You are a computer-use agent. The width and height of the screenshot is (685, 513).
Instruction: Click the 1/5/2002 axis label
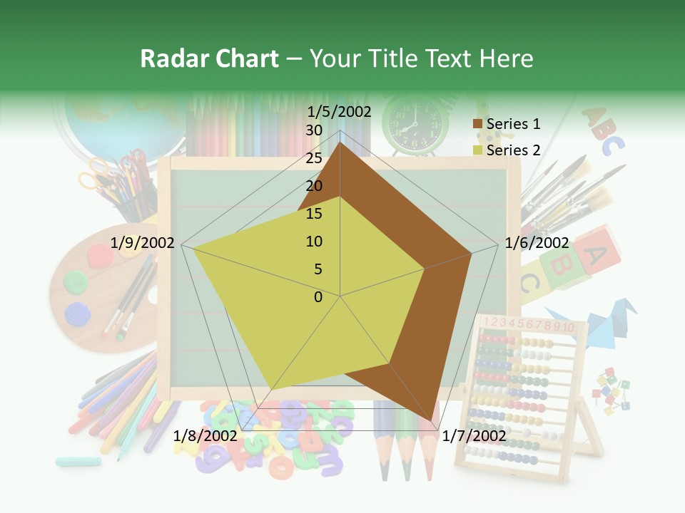[340, 112]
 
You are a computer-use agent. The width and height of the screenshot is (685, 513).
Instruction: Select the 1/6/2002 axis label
[537, 243]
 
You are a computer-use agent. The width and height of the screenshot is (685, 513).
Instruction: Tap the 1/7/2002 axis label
[474, 435]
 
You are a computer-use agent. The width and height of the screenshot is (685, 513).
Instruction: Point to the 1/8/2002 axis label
[205, 435]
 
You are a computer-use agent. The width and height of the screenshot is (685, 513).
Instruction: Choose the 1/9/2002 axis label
[143, 243]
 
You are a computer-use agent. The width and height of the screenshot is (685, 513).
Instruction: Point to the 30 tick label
[313, 130]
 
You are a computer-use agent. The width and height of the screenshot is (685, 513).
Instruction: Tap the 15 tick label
[313, 214]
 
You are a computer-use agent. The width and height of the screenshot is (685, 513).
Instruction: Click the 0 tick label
[318, 297]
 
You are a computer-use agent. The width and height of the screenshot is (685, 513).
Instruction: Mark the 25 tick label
[313, 158]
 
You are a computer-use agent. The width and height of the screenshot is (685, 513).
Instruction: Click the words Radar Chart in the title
[209, 58]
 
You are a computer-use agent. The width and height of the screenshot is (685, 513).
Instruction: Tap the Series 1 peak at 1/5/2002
[340, 142]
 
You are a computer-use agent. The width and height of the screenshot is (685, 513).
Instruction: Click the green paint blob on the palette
[73, 281]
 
